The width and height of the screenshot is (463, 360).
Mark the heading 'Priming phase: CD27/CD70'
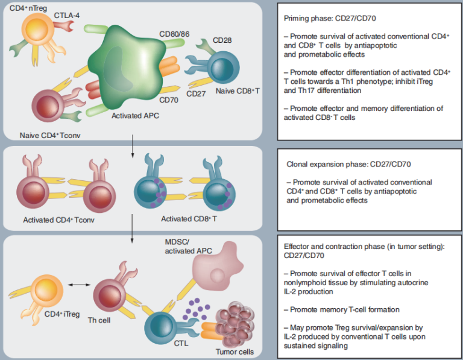coord(331,17)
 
